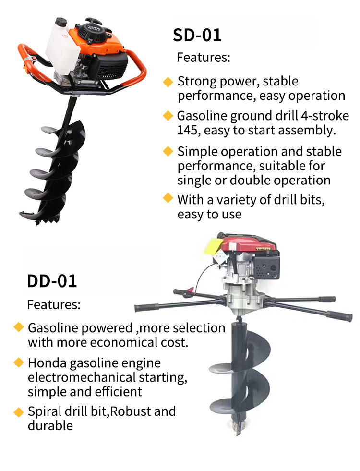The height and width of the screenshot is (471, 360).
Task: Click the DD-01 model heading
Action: click(52, 281)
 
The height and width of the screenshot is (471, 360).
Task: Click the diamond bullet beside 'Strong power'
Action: click(168, 82)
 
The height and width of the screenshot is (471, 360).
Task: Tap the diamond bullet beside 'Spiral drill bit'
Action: click(19, 412)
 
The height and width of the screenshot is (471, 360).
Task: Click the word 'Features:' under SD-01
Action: click(204, 58)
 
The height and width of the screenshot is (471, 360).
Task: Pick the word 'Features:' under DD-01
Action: click(54, 304)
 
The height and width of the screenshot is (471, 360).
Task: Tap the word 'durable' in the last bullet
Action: click(50, 425)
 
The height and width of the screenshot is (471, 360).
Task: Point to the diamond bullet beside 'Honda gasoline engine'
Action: click(19, 362)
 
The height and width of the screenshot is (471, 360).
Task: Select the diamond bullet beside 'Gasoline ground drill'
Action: click(168, 116)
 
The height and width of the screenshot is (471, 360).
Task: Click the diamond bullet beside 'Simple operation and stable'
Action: click(168, 152)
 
